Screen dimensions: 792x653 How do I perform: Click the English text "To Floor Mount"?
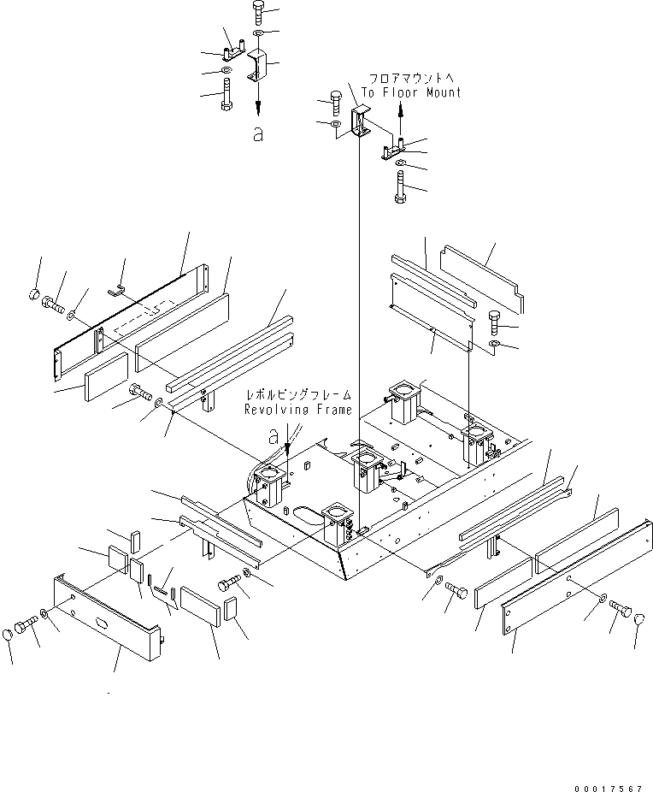[x=410, y=92]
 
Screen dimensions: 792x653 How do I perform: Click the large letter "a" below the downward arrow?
[x=258, y=133]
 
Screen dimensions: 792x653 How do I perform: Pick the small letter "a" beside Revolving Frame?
[x=274, y=436]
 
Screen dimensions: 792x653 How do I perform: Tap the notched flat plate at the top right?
[x=482, y=278]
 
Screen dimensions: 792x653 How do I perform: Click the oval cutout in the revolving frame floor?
[x=303, y=515]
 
